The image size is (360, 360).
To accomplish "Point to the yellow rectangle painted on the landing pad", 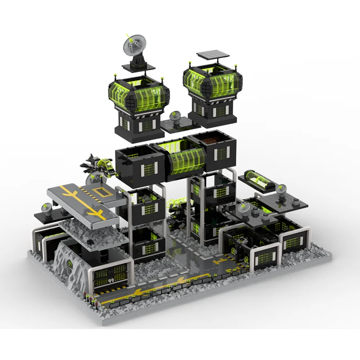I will (x=98, y=194).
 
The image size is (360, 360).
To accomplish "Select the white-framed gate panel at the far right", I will (x=292, y=245).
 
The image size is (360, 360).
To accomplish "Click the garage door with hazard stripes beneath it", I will (x=111, y=275).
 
